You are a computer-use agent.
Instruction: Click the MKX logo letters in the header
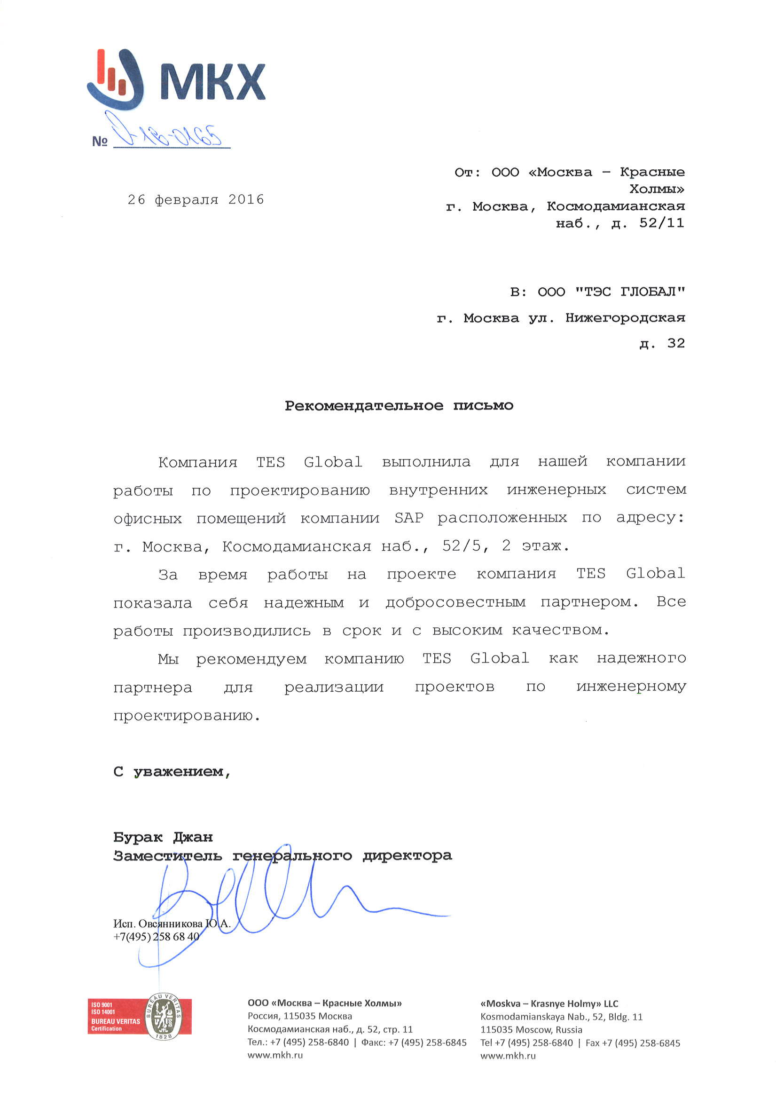[212, 81]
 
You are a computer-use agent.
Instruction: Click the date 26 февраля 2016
[196, 199]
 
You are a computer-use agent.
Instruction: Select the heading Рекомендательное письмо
[399, 406]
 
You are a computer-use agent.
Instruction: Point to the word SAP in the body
[409, 518]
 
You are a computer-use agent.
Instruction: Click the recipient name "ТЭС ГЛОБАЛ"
[630, 292]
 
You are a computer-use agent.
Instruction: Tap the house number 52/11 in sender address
[661, 223]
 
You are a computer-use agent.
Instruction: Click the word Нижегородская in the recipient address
[625, 318]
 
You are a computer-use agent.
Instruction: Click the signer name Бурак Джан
[163, 837]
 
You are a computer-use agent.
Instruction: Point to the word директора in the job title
[407, 855]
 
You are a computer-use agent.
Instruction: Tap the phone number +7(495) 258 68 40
[156, 936]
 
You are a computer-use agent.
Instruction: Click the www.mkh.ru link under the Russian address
[275, 1055]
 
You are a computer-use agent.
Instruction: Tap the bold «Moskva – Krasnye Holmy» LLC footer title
[549, 1004]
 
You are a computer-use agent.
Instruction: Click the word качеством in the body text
[560, 631]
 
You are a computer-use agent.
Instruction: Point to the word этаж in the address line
[541, 546]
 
